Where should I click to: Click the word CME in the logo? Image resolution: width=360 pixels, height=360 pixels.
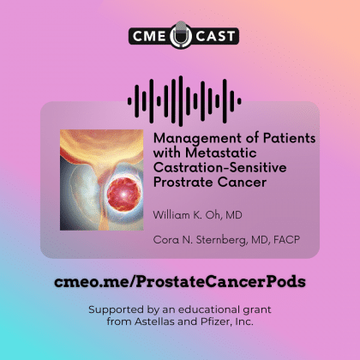149,36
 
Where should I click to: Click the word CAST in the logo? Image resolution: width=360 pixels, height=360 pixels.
216,36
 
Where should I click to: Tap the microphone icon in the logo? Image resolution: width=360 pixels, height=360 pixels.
181,34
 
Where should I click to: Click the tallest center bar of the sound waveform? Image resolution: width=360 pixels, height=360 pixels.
181,101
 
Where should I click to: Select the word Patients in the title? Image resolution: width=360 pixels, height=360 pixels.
289,138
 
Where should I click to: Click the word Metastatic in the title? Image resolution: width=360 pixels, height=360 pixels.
220,153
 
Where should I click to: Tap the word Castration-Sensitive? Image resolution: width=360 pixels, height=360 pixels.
219,167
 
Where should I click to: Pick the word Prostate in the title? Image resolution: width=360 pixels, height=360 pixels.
183,183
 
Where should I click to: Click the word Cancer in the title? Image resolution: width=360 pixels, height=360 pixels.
242,183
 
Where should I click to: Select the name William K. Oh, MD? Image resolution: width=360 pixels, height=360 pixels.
197,215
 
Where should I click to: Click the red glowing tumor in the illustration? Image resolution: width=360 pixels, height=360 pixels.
124,195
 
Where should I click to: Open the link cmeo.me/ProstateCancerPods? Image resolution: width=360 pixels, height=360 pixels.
180,282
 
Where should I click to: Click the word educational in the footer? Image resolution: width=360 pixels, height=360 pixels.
209,309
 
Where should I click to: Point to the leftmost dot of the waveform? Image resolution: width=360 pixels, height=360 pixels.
129,101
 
